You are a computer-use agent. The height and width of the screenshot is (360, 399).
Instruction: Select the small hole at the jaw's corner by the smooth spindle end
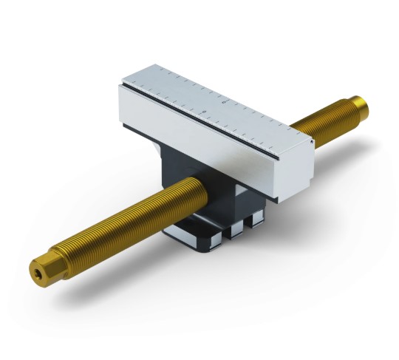299,140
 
